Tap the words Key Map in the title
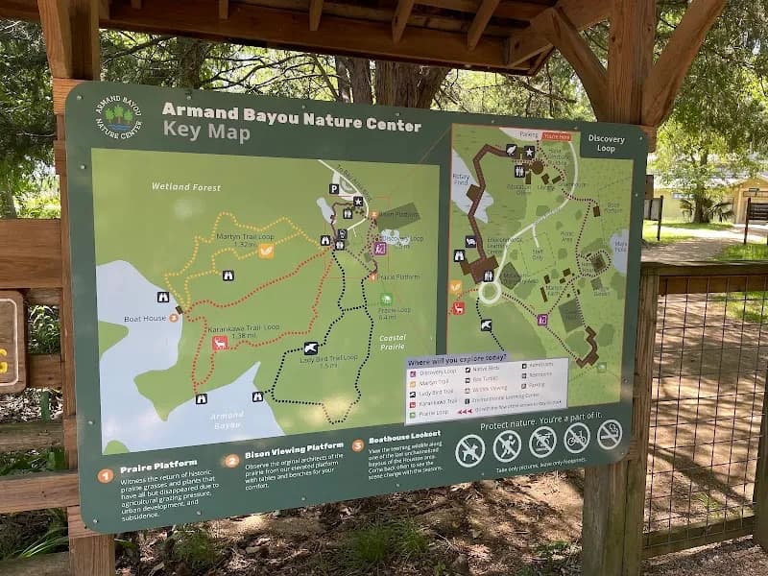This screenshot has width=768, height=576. click(206, 132)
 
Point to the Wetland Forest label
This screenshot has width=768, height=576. click(185, 187)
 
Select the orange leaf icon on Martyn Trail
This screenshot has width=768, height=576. click(266, 251)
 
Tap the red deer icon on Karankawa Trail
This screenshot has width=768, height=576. click(220, 343)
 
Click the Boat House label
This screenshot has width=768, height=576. click(145, 317)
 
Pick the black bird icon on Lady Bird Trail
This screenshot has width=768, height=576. click(310, 348)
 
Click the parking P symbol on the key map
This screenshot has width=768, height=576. click(334, 189)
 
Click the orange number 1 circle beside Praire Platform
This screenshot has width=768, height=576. click(106, 475)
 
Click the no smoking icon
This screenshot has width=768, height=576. click(610, 434)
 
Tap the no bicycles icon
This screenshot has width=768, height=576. click(576, 438)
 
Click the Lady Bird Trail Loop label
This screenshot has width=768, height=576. click(328, 359)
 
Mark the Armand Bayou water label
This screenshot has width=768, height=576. click(228, 419)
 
